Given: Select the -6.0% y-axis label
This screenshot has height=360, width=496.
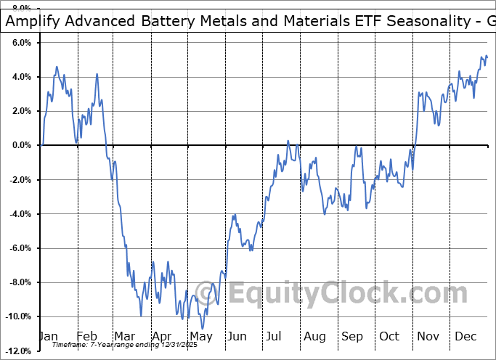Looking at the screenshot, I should click(x=20, y=248).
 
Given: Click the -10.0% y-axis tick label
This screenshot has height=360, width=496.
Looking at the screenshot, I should click(x=17, y=316).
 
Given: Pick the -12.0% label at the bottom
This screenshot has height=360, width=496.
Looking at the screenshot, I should click(x=17, y=351).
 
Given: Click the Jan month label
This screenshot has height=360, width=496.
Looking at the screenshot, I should click(x=48, y=337).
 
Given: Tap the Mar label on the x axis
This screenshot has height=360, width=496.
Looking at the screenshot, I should click(x=123, y=337).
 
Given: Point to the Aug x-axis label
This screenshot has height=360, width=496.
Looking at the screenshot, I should click(x=314, y=337).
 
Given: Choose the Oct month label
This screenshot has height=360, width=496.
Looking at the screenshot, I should click(x=389, y=337).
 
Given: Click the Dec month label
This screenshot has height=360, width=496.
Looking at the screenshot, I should click(x=465, y=337).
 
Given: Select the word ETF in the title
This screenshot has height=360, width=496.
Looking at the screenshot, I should click(x=349, y=21).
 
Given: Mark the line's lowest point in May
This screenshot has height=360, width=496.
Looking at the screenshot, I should click(x=203, y=328).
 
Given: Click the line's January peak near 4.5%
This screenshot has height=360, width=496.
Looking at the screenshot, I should click(x=57, y=67).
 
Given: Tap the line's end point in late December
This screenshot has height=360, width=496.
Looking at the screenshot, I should click(x=487, y=57).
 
